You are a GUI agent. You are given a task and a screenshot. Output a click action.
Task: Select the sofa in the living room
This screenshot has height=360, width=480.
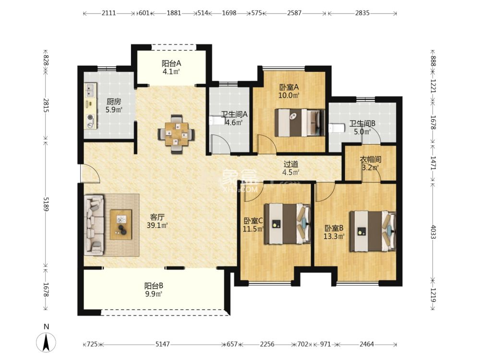click(x=94, y=225)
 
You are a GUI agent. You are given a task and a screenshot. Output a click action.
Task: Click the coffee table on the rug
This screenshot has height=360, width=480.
click(x=121, y=225)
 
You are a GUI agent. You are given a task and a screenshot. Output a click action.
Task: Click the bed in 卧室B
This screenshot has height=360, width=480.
click(x=372, y=231)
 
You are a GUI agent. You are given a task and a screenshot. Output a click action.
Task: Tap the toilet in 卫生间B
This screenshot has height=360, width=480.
click(x=337, y=128)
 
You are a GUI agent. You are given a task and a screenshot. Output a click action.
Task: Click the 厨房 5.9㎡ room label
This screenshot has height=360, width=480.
click(x=114, y=106)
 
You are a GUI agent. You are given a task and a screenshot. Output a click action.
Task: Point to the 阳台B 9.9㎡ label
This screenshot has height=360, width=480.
click(x=154, y=289)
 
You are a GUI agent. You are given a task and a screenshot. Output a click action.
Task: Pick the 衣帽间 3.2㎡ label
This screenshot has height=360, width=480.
click(x=370, y=163)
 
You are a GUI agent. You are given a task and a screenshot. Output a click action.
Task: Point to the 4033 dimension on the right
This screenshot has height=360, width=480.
click(x=433, y=229)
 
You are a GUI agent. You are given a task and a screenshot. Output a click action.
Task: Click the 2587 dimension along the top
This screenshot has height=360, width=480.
click(x=294, y=13)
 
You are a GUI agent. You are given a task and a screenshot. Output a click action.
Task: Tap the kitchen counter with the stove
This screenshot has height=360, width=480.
click(x=90, y=107)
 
